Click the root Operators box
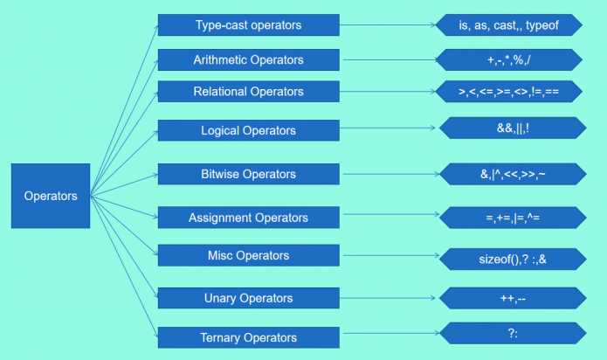tap(51, 196)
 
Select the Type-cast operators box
tap(248, 25)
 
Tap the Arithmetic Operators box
tap(248, 60)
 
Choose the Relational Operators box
tap(248, 92)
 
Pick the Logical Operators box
tap(248, 130)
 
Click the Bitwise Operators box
tap(248, 174)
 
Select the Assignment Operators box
tap(248, 217)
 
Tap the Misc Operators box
tap(248, 256)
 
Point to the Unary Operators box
tap(248, 298)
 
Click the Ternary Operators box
tap(248, 337)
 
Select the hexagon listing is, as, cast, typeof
tap(507, 25)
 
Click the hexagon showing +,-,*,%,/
tap(507, 60)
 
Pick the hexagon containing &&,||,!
tap(512, 128)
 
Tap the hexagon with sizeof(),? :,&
tap(512, 258)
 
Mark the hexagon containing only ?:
tap(512, 333)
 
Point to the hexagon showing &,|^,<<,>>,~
tap(512, 175)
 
